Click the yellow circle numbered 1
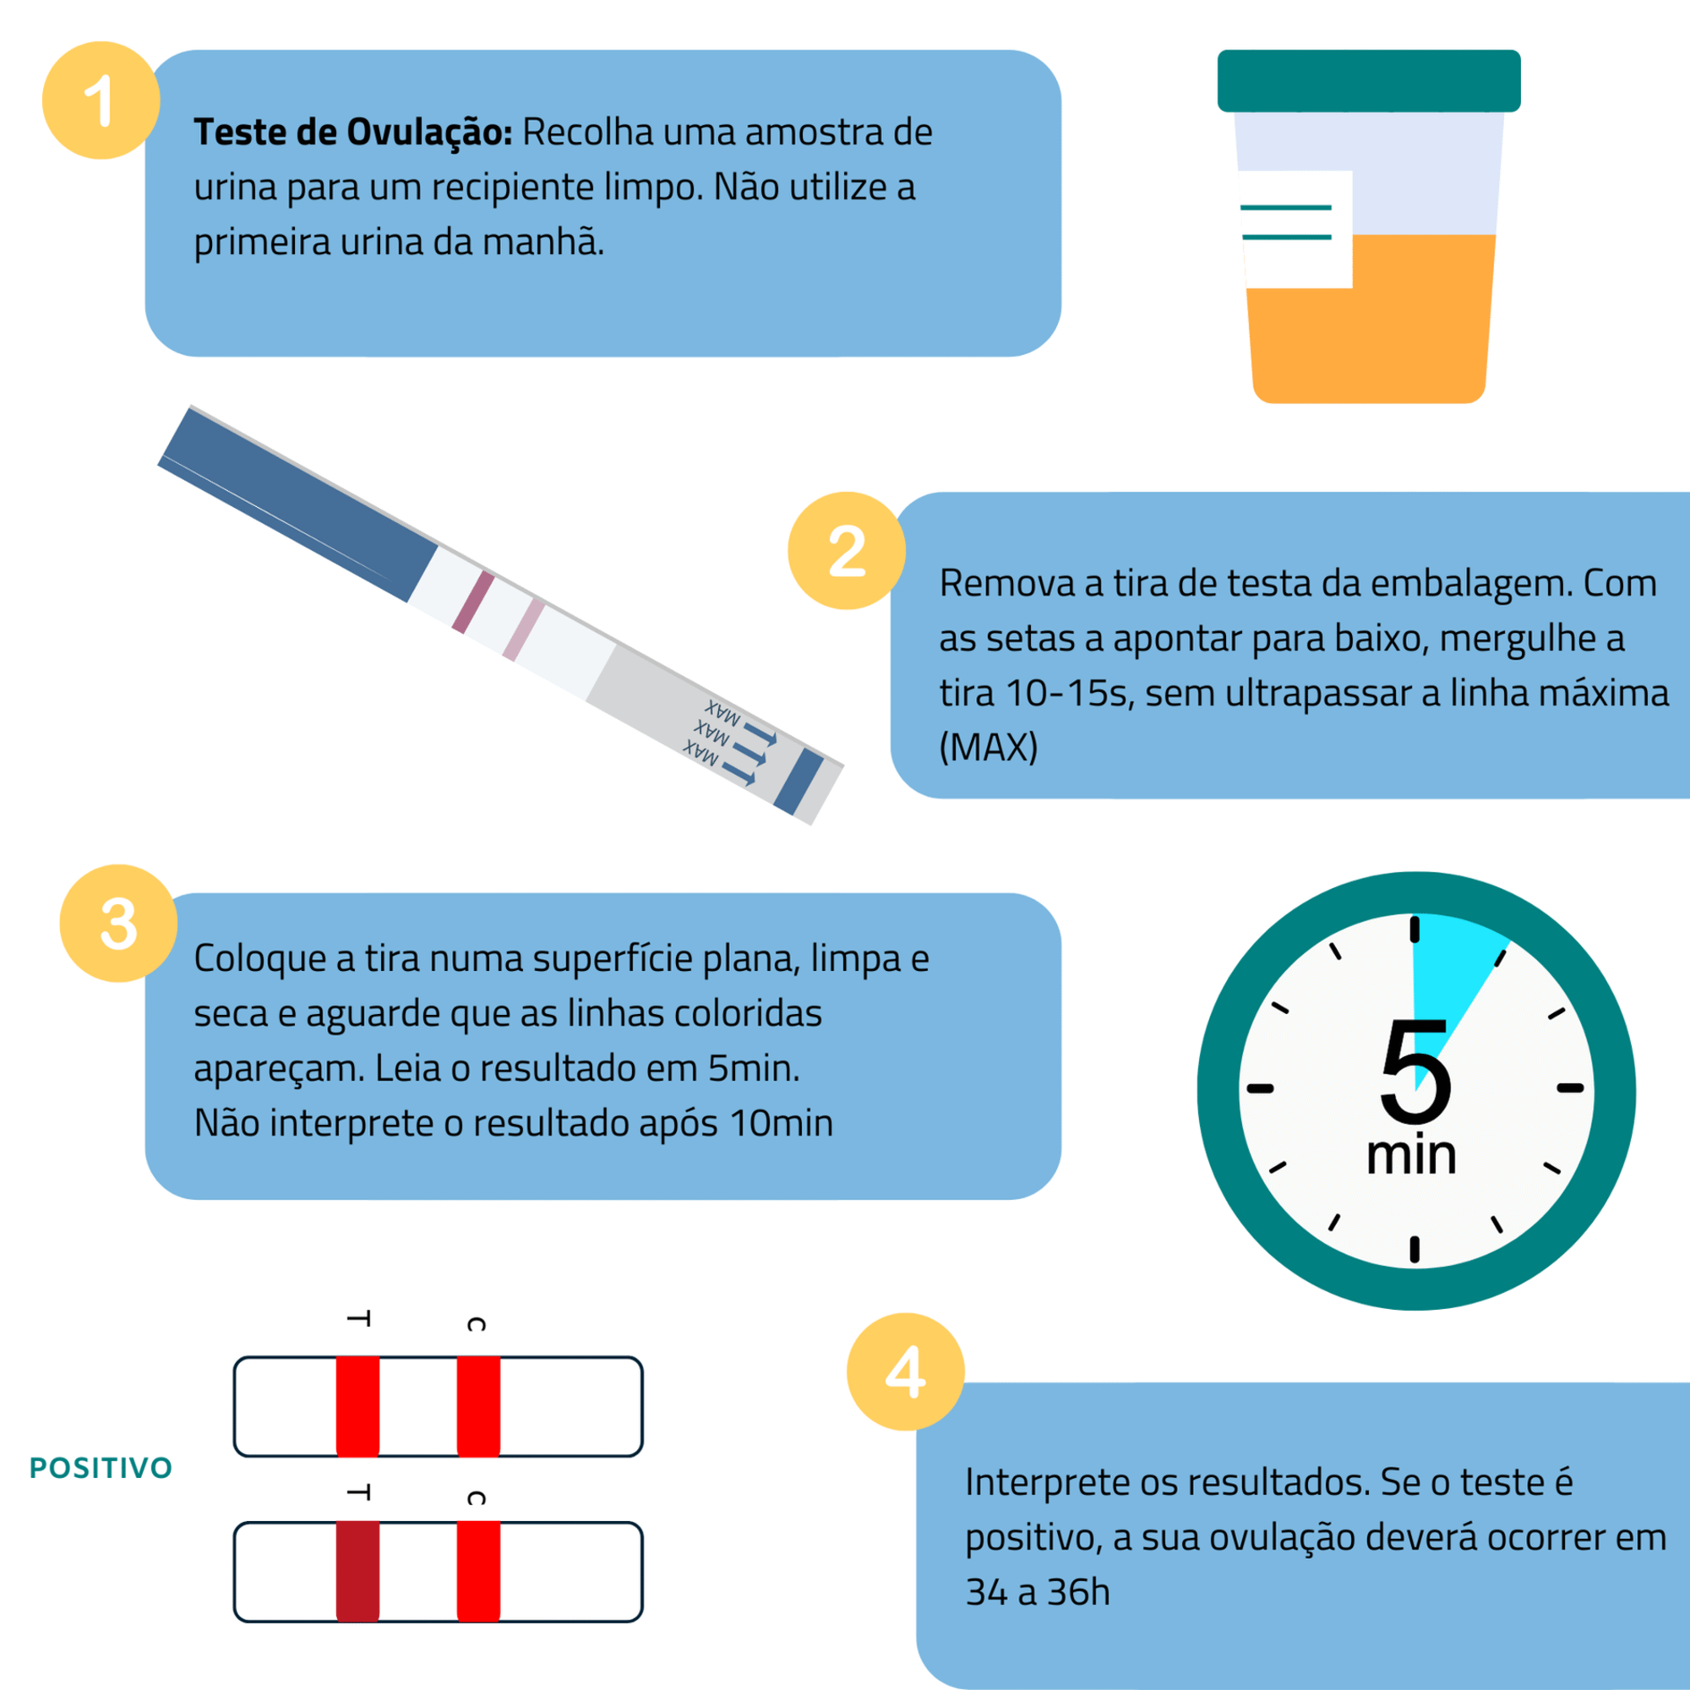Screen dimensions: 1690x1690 pyautogui.click(x=101, y=101)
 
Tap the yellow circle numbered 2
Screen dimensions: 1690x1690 pyautogui.click(x=847, y=550)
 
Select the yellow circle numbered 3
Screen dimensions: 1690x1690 pyautogui.click(x=118, y=924)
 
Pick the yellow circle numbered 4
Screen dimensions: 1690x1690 pyautogui.click(x=905, y=1371)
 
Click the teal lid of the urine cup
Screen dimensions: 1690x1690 pyautogui.click(x=1369, y=80)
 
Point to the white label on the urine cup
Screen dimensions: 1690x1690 pyautogui.click(x=1296, y=229)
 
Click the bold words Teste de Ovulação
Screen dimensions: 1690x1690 pyautogui.click(x=353, y=132)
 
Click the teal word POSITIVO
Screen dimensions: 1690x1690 pyautogui.click(x=101, y=1468)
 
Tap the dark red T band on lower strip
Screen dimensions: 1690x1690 pyautogui.click(x=357, y=1572)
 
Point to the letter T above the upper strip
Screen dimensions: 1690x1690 pyautogui.click(x=358, y=1318)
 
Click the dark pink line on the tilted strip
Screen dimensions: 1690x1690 pyautogui.click(x=472, y=602)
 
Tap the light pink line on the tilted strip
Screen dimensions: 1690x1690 pyautogui.click(x=523, y=630)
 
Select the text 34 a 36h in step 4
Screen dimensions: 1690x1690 pyautogui.click(x=1038, y=1592)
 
